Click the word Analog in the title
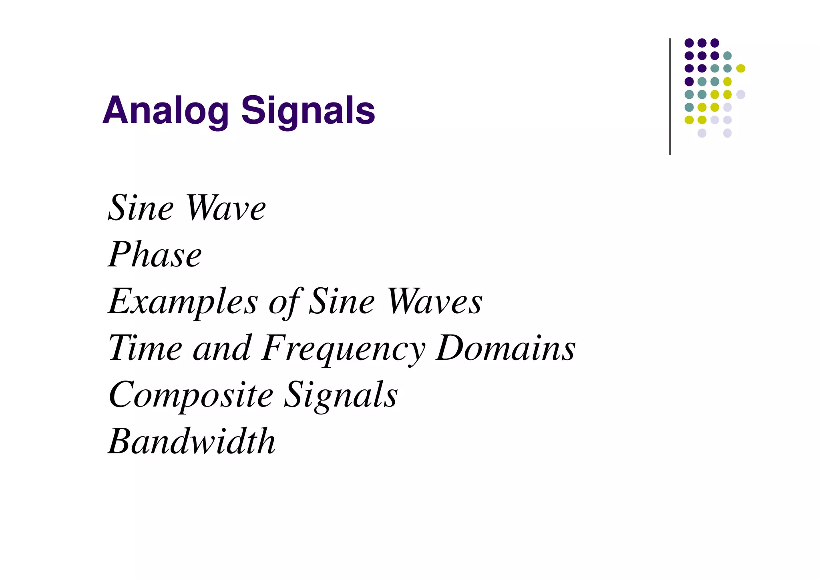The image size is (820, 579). click(165, 111)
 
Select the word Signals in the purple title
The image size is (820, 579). click(308, 111)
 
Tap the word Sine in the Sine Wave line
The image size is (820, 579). click(141, 208)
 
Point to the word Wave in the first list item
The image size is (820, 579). click(226, 208)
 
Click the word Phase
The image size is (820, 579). click(155, 254)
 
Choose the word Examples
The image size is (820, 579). click(183, 302)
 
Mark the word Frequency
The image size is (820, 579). click(344, 349)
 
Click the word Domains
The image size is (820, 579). click(506, 348)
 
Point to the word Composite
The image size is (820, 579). click(191, 395)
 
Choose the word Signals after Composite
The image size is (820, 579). click(341, 395)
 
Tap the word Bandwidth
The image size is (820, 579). click(192, 441)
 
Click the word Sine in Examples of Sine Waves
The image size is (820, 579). click(342, 301)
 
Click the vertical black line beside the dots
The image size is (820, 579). click(670, 96)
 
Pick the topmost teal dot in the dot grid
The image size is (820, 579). click(728, 56)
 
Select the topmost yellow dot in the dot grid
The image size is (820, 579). click(741, 68)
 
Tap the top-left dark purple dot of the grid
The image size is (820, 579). click(689, 43)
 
